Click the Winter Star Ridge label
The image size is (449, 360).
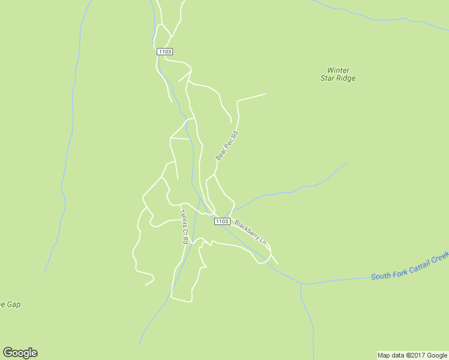[337, 74]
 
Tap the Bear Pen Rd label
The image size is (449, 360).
[227, 146]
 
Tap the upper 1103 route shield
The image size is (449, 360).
[165, 52]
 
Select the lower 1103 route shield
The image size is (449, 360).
[221, 221]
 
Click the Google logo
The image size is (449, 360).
[20, 353]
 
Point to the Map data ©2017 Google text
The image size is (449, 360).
[412, 355]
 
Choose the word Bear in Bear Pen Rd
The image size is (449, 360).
[221, 154]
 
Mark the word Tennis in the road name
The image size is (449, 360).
[183, 217]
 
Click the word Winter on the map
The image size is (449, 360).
[339, 70]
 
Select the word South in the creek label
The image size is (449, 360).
[381, 276]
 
